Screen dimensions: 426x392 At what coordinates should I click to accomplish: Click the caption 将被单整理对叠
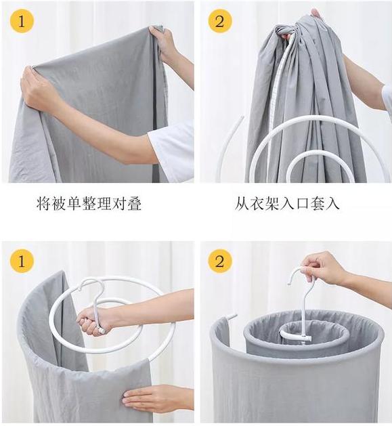(x=89, y=204)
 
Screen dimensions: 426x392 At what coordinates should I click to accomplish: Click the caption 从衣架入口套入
(x=287, y=204)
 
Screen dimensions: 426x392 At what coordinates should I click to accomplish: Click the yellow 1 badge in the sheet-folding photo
(x=22, y=22)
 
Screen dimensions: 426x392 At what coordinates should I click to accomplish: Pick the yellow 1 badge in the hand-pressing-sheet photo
(x=22, y=261)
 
